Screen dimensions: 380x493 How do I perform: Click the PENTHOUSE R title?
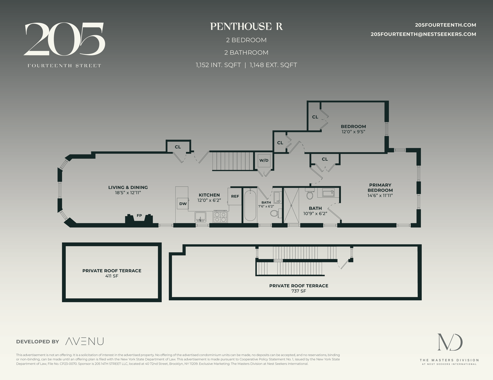246,27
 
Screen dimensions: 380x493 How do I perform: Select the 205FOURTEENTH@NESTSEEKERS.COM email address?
423,34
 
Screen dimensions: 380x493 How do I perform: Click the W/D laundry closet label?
264,160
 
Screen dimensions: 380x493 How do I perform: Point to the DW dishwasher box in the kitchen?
183,204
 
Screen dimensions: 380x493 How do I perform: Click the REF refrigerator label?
235,196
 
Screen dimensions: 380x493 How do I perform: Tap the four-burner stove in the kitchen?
220,217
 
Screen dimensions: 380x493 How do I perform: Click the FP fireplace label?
139,215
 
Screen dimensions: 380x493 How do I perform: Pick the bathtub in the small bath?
250,205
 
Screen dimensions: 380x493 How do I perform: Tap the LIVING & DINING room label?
128,187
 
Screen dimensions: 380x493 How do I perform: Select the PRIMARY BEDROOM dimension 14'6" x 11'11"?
380,195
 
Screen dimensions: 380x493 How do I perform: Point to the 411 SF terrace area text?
112,276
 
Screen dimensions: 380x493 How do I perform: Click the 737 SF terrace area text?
299,291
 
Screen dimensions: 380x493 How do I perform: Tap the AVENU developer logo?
84,341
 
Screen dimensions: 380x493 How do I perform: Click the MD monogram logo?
450,342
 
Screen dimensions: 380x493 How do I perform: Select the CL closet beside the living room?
178,147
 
